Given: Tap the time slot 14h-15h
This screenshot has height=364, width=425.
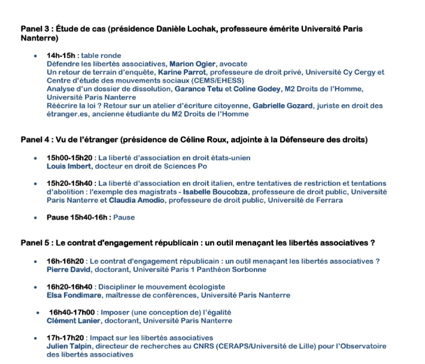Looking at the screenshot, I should pos(62,56).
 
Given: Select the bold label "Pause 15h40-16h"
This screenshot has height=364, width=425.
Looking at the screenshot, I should pos(78,218).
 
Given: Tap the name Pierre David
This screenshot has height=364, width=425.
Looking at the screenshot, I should pos(69,270).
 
